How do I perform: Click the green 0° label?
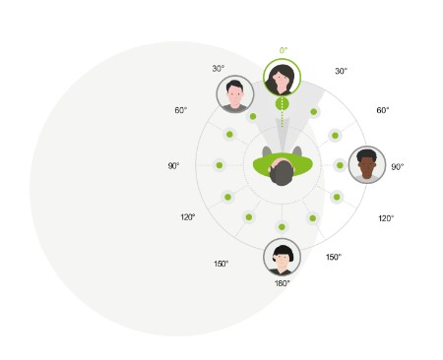click(284, 50)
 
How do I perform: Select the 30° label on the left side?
click(219, 69)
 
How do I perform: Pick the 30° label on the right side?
click(341, 71)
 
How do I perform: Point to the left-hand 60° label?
click(181, 110)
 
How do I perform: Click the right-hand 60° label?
click(384, 110)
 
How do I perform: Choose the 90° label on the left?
click(173, 166)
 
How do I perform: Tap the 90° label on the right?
click(398, 167)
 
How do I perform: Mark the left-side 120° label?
click(187, 217)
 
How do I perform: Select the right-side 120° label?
click(386, 218)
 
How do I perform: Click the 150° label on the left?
click(221, 264)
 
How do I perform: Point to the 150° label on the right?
click(334, 257)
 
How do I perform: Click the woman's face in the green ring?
click(283, 78)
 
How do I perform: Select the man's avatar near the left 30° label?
click(234, 94)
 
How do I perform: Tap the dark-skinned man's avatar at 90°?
click(367, 164)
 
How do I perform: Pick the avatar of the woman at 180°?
click(283, 257)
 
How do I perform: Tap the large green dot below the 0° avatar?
click(283, 103)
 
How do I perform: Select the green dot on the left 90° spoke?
click(219, 165)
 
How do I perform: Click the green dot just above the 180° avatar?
click(284, 226)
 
